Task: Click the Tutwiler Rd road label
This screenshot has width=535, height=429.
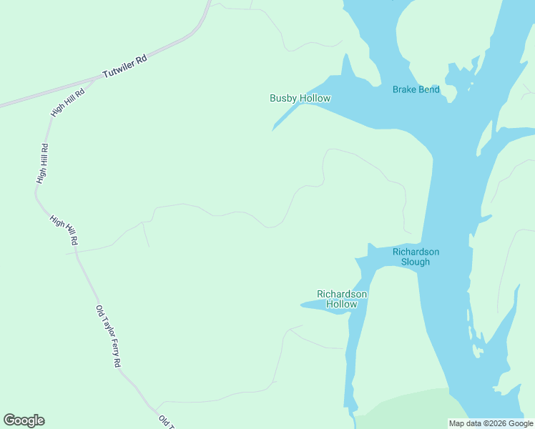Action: point(124,68)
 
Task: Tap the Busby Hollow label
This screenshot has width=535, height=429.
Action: point(300,98)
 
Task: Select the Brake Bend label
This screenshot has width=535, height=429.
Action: point(416,89)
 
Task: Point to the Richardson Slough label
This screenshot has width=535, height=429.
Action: point(416,257)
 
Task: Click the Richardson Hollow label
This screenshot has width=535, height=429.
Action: point(342,299)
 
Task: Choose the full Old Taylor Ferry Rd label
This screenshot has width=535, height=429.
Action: point(108,336)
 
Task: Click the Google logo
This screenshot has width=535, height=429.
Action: point(24,420)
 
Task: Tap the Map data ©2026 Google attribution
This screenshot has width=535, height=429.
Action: point(490,423)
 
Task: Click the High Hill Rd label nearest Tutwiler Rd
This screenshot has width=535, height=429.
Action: point(68,104)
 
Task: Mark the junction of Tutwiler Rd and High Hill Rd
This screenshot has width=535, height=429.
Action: point(95,79)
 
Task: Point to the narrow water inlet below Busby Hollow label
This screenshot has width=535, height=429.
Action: point(286,118)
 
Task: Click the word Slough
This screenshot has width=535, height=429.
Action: point(416,262)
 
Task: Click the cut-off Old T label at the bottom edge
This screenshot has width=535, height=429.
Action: point(166,421)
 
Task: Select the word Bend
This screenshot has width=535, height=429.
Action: point(428,89)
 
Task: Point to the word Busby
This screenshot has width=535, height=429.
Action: point(283,98)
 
